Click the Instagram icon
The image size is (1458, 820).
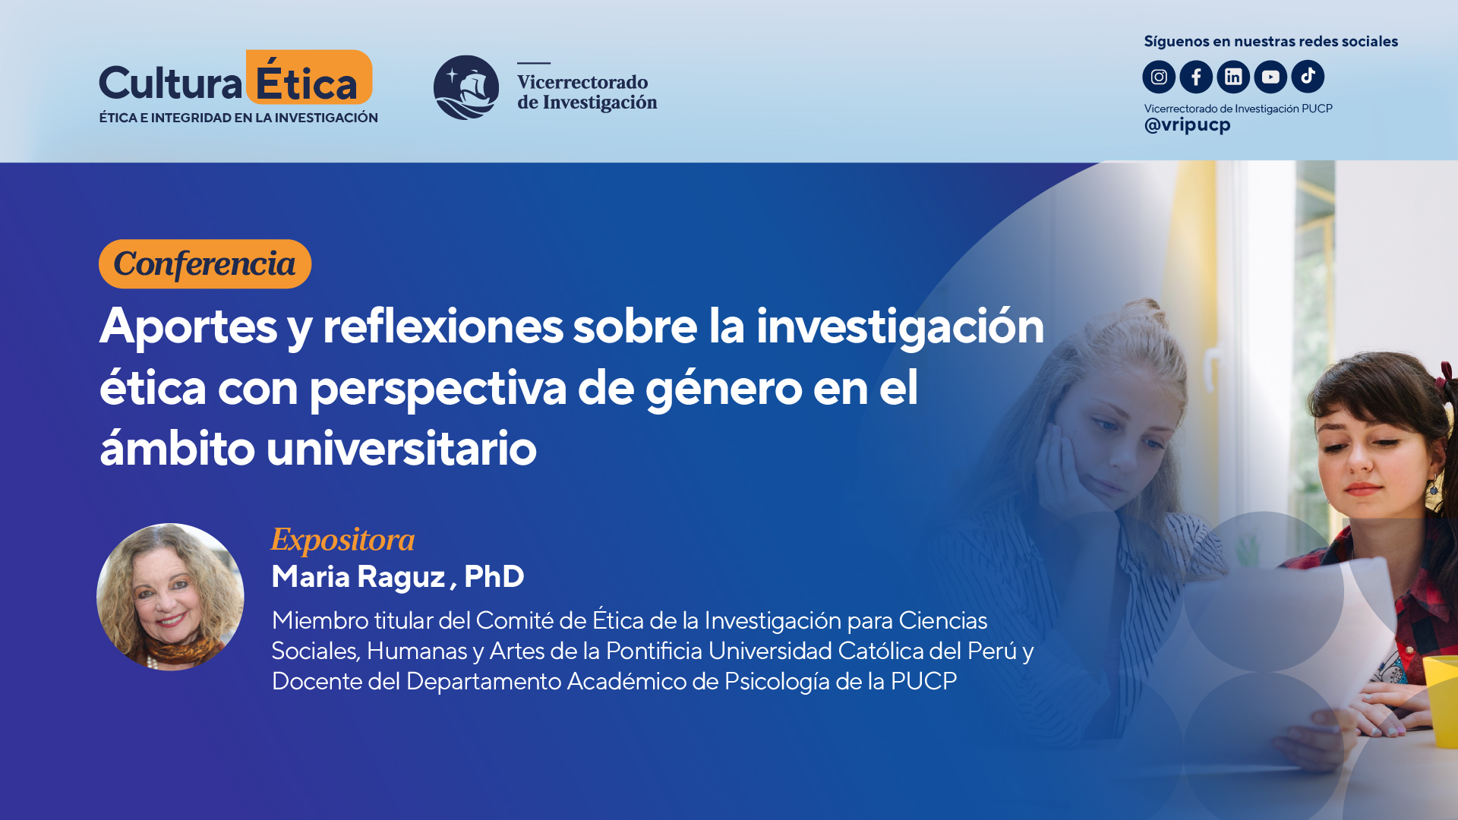point(1159,77)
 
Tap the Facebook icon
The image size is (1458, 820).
point(1196,77)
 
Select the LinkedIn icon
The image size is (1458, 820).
point(1233,77)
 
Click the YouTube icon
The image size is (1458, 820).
point(1270,77)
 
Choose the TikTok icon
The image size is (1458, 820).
point(1308,77)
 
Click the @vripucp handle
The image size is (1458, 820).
point(1187,125)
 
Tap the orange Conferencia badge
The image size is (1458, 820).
point(205,264)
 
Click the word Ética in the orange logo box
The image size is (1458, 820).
point(308,82)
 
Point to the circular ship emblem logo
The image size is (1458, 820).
point(466,87)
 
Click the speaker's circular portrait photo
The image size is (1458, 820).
point(170,597)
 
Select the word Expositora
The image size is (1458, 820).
point(342,540)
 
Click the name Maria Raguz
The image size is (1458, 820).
point(358,577)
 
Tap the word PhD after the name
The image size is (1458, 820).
point(494,577)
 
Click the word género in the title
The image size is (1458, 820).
point(723,389)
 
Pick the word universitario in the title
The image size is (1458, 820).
point(401,449)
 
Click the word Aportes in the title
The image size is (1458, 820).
point(188,326)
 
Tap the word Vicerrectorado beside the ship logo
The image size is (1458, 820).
point(582,82)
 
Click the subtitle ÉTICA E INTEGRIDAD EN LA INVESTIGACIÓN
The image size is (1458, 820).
point(238,118)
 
